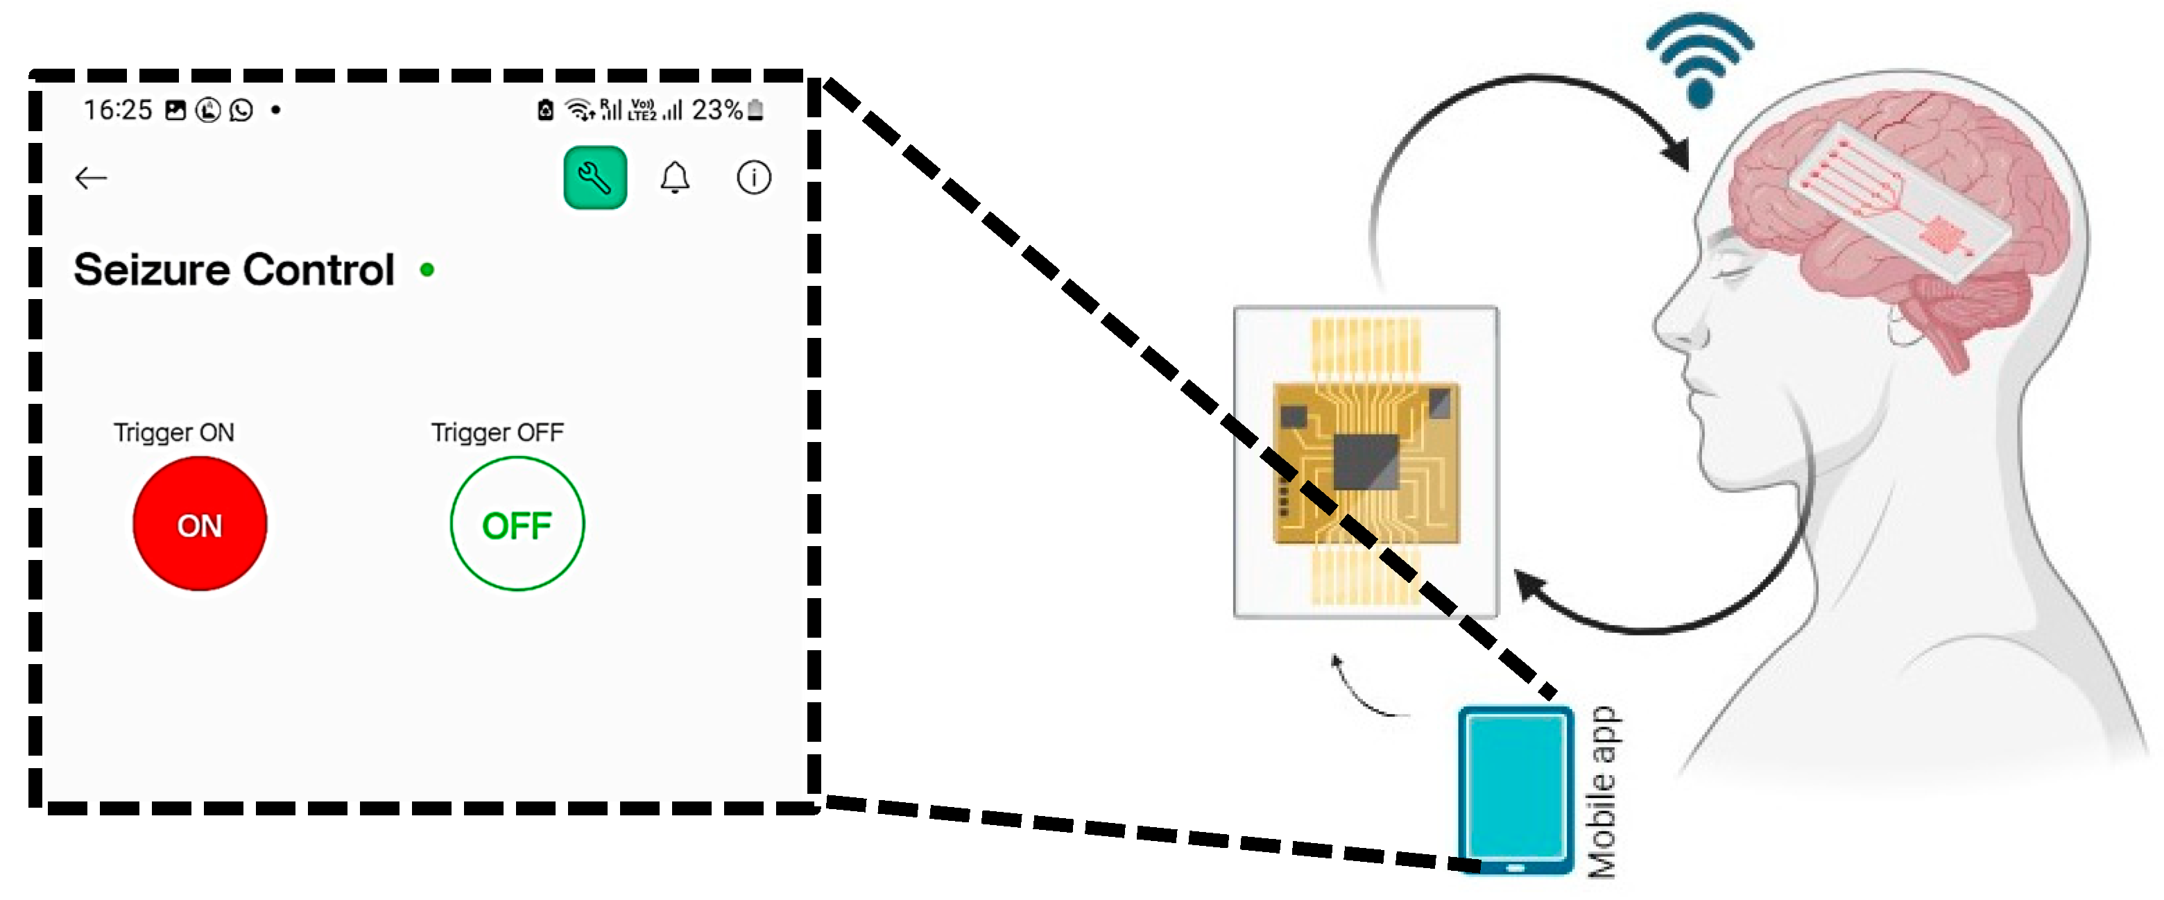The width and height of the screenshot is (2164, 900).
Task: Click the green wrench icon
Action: click(x=595, y=178)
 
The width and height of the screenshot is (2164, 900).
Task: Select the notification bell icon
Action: click(x=675, y=178)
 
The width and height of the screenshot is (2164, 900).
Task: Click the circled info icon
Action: click(x=753, y=178)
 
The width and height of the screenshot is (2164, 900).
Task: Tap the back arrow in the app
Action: click(x=91, y=178)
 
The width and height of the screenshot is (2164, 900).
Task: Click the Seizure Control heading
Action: click(x=234, y=270)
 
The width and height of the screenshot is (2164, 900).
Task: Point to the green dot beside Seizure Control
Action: click(x=427, y=270)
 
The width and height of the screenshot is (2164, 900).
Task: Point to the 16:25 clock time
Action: click(x=118, y=110)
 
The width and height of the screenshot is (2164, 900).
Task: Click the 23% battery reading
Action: click(x=716, y=110)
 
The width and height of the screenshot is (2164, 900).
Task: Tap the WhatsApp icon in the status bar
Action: click(x=241, y=110)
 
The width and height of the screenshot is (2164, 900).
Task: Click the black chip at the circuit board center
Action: click(x=1366, y=461)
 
